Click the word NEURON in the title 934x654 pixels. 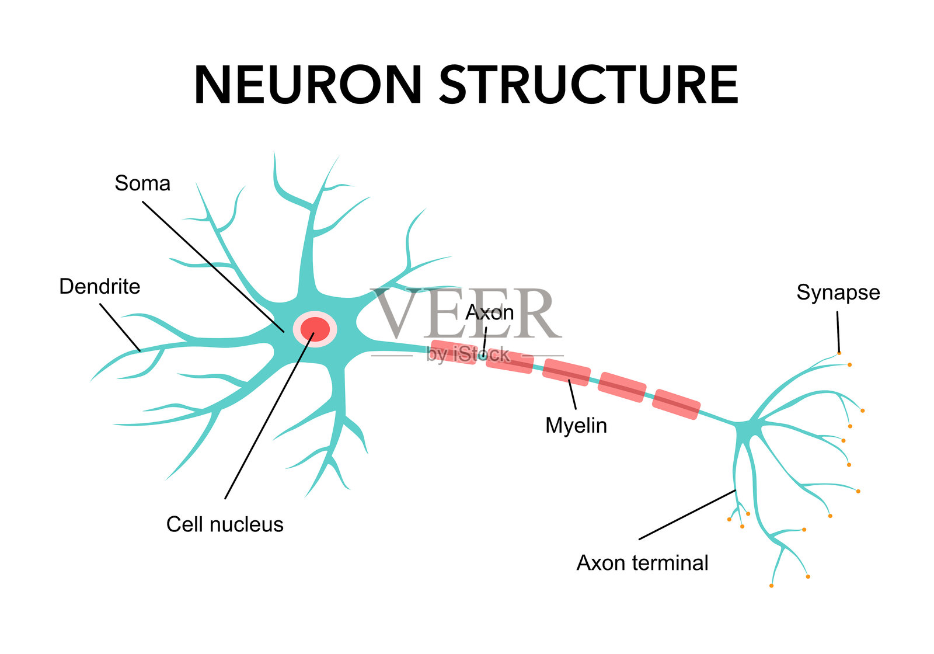point(308,85)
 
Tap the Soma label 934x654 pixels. point(142,183)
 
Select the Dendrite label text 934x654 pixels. point(100,287)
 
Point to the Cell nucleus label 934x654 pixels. point(225,524)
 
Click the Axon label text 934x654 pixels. point(490,313)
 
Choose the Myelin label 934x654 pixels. point(576,426)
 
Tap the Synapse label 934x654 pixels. point(838,293)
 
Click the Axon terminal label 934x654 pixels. point(642,563)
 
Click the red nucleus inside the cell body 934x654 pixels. point(315,329)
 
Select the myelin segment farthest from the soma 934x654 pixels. point(676,404)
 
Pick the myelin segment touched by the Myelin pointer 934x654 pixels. point(566,373)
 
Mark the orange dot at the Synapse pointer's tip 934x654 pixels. point(839,353)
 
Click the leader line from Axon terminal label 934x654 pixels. point(687,514)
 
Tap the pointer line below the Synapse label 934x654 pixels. point(838,331)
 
